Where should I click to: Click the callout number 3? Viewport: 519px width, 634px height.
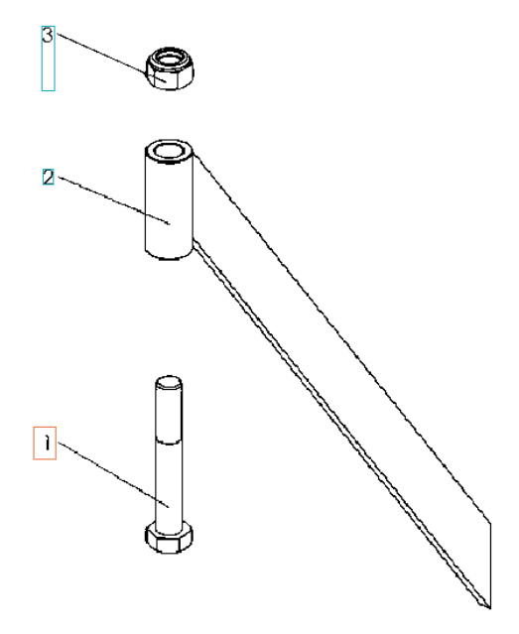click(47, 34)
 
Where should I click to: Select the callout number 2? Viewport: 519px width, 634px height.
click(47, 178)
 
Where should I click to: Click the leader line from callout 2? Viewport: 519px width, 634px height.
click(109, 199)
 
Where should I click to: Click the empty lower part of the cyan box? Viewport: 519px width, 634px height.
click(47, 69)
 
